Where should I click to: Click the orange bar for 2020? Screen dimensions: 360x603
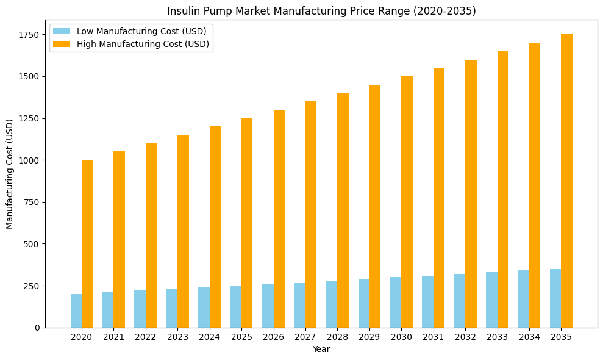[x=87, y=243]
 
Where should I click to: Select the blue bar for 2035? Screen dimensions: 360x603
[x=555, y=298]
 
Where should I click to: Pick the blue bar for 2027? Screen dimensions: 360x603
[x=300, y=305]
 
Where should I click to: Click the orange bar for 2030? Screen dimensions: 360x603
[x=407, y=202]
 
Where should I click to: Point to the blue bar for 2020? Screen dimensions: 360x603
[x=76, y=311]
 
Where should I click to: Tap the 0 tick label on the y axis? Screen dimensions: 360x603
[x=37, y=328]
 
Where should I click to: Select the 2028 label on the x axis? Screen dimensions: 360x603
[x=337, y=337]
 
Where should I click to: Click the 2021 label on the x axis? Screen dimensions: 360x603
[x=113, y=337]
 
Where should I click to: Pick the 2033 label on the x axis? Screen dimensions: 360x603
[x=497, y=337]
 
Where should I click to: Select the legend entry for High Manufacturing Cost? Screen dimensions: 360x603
[x=143, y=44]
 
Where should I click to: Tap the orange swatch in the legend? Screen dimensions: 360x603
[x=62, y=44]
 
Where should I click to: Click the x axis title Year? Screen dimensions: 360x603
[x=321, y=349]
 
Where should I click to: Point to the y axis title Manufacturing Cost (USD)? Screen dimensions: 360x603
[x=10, y=174]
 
